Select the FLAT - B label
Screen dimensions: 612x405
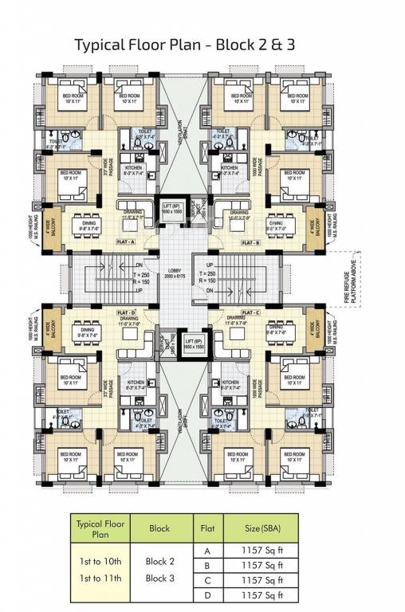[250, 241]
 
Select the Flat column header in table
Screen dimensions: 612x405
[204, 527]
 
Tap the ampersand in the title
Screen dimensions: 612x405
[279, 45]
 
